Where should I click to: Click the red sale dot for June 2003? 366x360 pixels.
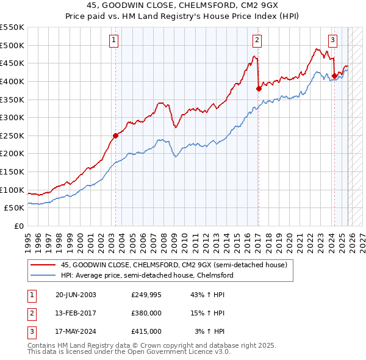[x=116, y=135]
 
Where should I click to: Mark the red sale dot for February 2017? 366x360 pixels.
[x=259, y=88]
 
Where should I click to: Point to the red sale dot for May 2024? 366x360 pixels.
[x=334, y=76]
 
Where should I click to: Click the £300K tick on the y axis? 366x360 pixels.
[x=12, y=117]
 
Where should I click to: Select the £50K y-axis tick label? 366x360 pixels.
[x=14, y=208]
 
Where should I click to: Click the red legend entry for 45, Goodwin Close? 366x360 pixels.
[x=170, y=265]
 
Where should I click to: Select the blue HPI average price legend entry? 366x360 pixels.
[x=147, y=275]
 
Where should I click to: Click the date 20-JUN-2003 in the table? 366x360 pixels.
[x=75, y=295]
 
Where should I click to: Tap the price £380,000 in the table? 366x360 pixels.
[x=146, y=313]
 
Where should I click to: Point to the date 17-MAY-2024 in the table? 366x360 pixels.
[x=75, y=331]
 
